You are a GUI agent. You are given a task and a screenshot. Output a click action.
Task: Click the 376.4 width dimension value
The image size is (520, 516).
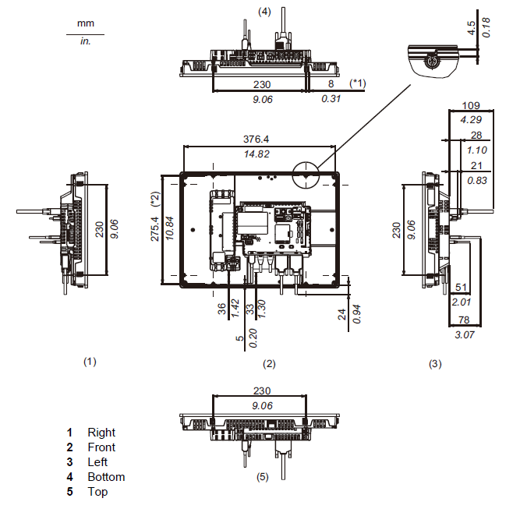pyautogui.click(x=256, y=139)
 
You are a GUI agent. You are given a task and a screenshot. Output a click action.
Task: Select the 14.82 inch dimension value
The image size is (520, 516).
pyautogui.click(x=256, y=154)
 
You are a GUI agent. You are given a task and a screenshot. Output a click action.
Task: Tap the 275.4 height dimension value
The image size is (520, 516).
pyautogui.click(x=154, y=228)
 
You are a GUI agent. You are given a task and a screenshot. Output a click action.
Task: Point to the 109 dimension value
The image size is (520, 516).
pyautogui.click(x=469, y=104)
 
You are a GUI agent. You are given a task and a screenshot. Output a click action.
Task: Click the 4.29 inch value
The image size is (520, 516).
pyautogui.click(x=469, y=120)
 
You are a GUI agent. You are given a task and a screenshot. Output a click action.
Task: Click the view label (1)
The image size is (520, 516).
pyautogui.click(x=90, y=362)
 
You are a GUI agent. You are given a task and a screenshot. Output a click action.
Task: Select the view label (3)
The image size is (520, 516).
pyautogui.click(x=434, y=363)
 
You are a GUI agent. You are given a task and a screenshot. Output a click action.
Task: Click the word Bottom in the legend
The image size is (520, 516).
pyautogui.click(x=106, y=477)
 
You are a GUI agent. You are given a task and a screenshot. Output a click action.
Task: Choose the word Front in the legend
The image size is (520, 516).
pyautogui.click(x=101, y=447)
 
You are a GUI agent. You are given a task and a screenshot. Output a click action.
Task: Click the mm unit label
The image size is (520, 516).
pyautogui.click(x=85, y=23)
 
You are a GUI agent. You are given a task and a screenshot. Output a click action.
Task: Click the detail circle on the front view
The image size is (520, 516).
pyautogui.click(x=306, y=174)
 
